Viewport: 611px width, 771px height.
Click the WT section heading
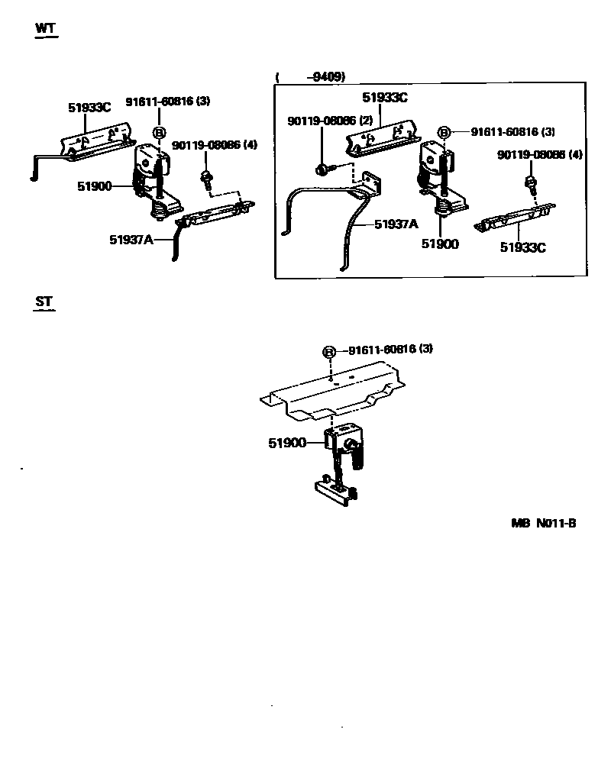[46, 28]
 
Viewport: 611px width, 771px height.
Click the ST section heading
[44, 302]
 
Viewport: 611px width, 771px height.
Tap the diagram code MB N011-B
[544, 523]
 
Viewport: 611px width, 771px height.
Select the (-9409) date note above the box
[311, 76]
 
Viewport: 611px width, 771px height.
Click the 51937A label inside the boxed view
[396, 224]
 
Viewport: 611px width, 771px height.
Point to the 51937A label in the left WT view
[131, 240]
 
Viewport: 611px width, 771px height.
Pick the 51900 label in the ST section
[287, 443]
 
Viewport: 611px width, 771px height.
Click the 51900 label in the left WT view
[95, 186]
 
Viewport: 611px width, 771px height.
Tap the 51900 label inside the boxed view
[440, 244]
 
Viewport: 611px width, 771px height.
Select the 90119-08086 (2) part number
[330, 121]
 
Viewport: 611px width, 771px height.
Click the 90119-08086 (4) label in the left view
[215, 145]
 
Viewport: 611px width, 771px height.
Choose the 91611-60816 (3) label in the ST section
[390, 349]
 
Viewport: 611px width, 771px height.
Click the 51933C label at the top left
[89, 107]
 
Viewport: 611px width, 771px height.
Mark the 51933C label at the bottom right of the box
[523, 247]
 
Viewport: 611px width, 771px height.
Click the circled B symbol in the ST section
[328, 352]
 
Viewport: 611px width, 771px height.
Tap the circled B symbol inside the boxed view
[444, 132]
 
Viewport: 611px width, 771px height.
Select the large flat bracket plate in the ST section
[333, 392]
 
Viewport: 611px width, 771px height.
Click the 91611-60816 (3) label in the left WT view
[168, 102]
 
